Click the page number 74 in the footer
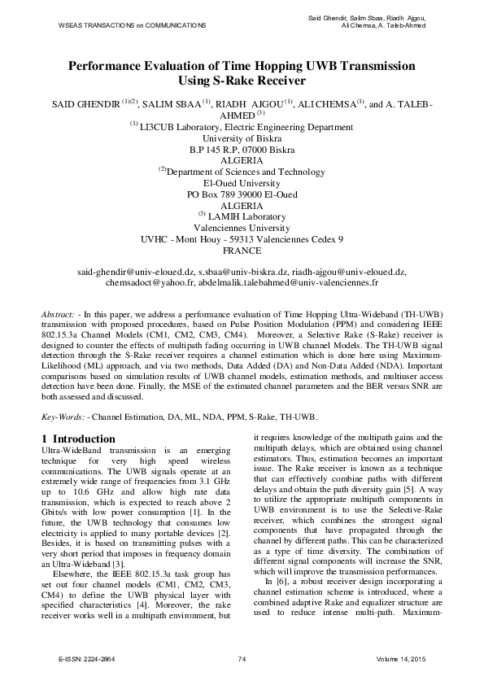click(242, 657)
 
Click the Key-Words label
click(63, 417)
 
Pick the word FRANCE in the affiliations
click(242, 252)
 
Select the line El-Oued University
click(242, 183)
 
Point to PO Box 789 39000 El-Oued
click(242, 194)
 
